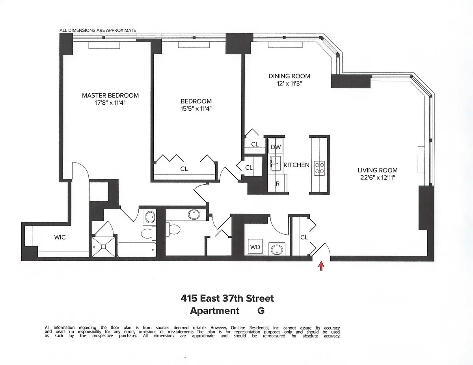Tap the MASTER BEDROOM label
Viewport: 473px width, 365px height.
click(110, 95)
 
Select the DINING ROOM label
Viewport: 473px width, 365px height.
click(289, 76)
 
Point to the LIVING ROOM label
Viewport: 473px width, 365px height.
click(377, 170)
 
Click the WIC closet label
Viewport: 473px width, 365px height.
click(60, 237)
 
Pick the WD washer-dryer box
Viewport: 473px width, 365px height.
click(255, 247)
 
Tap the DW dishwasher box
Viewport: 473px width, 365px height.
click(276, 147)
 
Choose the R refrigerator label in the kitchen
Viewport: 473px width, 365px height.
click(277, 183)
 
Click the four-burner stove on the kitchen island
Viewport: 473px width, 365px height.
click(319, 168)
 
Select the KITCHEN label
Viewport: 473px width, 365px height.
click(296, 165)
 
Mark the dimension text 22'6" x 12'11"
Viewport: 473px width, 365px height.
click(377, 178)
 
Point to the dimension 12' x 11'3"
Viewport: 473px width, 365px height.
click(289, 83)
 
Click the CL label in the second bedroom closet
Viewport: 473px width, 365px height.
click(184, 169)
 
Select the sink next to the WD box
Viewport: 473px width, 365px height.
click(276, 249)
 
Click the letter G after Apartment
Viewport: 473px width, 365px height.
click(261, 310)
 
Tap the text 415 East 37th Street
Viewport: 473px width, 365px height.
click(227, 298)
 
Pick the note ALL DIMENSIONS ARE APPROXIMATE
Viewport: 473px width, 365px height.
click(98, 30)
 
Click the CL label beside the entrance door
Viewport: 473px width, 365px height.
click(304, 237)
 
